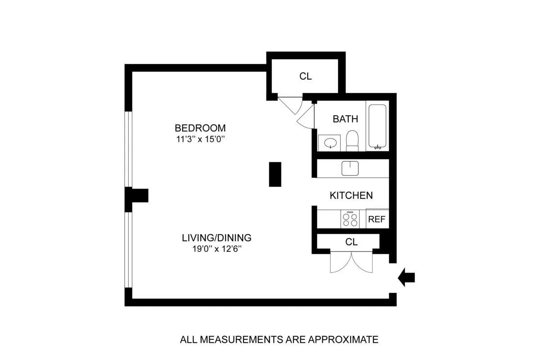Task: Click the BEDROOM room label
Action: point(200,128)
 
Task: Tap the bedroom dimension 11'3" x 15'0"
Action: point(200,139)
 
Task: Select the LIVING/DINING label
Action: point(216,238)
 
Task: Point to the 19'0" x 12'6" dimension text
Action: point(216,249)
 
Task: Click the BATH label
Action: point(346,119)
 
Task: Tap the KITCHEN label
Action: point(351,195)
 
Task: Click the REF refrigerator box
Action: point(377,219)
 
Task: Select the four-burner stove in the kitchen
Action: point(350,219)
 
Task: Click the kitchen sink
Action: point(350,168)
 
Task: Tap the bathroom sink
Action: point(331,143)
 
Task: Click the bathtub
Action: point(377,126)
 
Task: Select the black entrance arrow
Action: point(406,278)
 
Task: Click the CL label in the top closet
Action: point(306,76)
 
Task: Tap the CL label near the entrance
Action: point(351,242)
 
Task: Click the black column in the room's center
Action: point(275,174)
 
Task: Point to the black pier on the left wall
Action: point(137,196)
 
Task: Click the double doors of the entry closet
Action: point(351,262)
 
